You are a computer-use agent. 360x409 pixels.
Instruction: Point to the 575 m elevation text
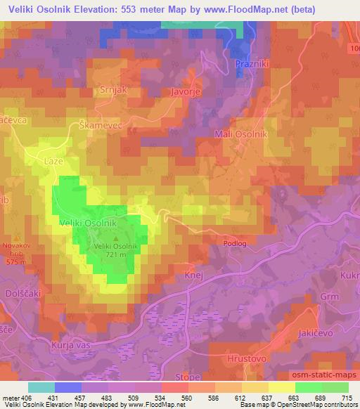(15, 261)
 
